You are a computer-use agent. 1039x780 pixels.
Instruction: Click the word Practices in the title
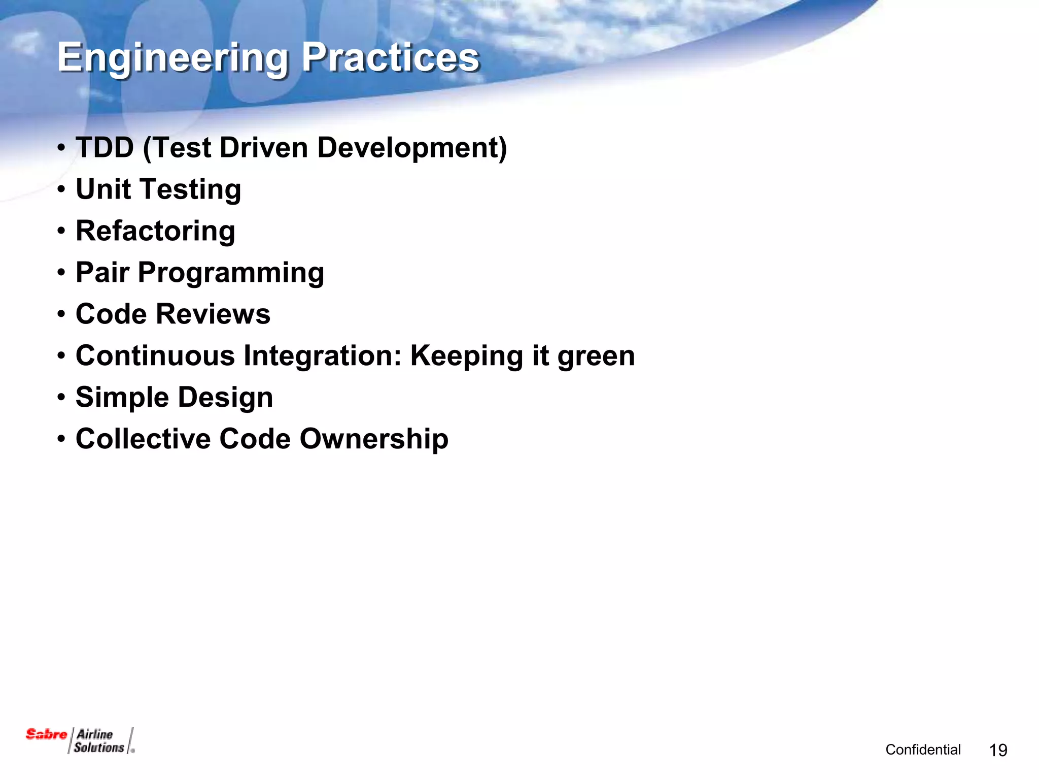click(390, 57)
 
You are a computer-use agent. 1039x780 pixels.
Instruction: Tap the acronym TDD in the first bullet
click(105, 148)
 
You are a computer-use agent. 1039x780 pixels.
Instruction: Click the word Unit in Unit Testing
click(103, 189)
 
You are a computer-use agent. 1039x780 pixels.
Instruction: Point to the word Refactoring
click(155, 231)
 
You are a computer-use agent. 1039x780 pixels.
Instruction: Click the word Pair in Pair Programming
click(102, 273)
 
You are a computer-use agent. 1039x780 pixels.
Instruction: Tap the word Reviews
click(213, 314)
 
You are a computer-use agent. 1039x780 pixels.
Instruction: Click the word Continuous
click(155, 356)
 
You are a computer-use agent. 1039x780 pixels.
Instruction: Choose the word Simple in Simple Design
click(122, 398)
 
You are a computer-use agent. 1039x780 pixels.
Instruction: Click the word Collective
click(143, 439)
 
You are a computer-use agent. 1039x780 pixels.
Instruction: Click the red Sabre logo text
click(46, 734)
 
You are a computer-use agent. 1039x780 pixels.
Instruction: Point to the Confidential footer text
click(923, 750)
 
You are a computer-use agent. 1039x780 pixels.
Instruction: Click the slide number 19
click(998, 750)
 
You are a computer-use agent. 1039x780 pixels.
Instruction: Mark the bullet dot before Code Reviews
click(61, 314)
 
